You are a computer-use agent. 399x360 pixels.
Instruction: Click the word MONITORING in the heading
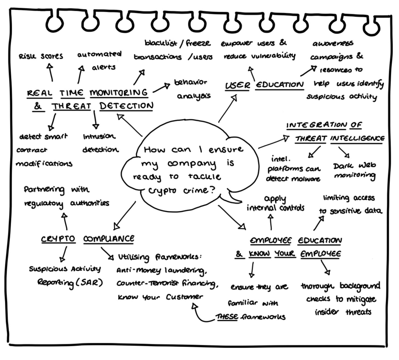(x=119, y=93)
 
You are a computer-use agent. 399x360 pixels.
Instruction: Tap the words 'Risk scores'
(x=41, y=56)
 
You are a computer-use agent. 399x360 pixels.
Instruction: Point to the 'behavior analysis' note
(x=191, y=89)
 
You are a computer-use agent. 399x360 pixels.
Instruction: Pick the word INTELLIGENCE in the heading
(x=357, y=138)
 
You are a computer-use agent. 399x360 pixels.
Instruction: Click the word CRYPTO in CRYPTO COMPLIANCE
(x=58, y=239)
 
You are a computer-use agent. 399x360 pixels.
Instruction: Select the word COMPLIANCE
(x=109, y=239)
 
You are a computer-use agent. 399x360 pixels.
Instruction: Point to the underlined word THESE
(x=227, y=317)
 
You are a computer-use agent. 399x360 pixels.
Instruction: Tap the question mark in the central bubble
(x=212, y=190)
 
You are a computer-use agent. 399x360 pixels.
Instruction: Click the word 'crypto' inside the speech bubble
(x=162, y=191)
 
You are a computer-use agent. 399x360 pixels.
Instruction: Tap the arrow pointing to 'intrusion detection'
(x=95, y=120)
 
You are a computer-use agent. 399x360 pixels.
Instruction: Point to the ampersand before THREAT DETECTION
(x=38, y=106)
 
